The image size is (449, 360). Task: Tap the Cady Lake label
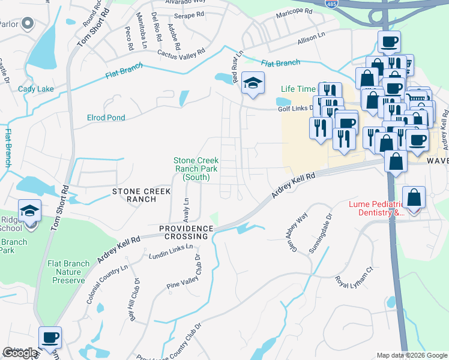tap(35, 89)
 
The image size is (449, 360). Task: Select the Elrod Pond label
tap(106, 118)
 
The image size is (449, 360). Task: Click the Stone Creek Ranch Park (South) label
tap(196, 169)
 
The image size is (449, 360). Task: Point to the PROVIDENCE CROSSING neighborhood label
tap(186, 233)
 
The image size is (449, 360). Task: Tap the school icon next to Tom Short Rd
tap(29, 211)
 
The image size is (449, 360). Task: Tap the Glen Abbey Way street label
tap(297, 232)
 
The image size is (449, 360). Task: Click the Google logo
tap(20, 353)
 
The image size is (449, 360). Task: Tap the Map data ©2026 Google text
tap(412, 355)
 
